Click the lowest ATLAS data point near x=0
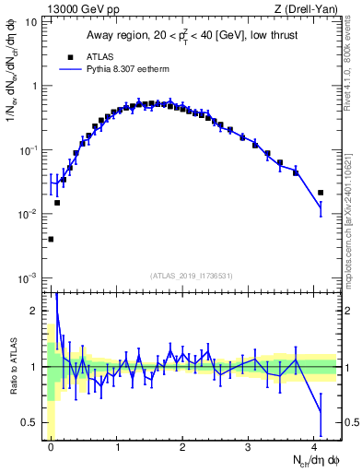(x=51, y=239)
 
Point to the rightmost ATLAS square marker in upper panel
(x=321, y=193)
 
